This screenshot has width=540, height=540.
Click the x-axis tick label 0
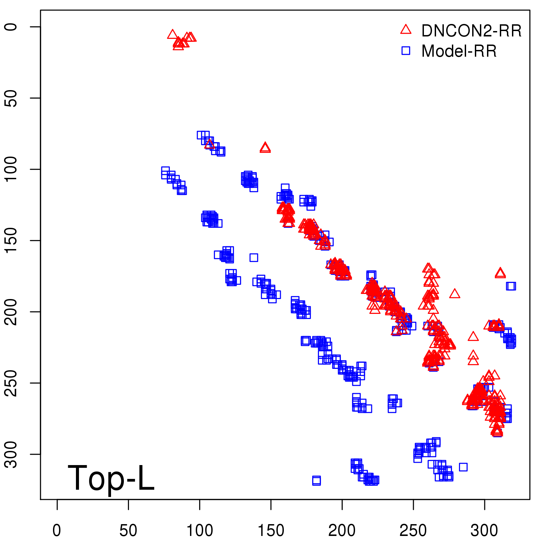click(57, 531)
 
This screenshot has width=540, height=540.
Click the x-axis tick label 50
click(128, 531)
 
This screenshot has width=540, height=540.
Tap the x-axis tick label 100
click(199, 531)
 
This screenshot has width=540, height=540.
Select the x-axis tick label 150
click(271, 531)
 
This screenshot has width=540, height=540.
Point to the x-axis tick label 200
click(342, 531)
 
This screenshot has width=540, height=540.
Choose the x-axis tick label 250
click(413, 531)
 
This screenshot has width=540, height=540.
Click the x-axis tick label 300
click(484, 531)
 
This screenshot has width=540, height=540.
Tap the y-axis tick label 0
click(11, 27)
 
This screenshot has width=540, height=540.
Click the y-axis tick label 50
click(11, 98)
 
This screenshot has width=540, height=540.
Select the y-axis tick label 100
click(11, 169)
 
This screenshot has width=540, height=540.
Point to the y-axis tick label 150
click(11, 241)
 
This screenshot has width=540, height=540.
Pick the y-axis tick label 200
click(11, 312)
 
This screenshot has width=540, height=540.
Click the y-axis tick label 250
click(11, 383)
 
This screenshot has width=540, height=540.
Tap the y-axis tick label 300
click(11, 454)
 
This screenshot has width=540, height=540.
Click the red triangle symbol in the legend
click(406, 30)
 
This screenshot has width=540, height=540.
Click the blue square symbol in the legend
click(406, 51)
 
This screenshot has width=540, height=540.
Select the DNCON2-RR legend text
click(471, 31)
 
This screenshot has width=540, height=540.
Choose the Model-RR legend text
click(459, 51)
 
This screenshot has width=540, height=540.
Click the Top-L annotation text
click(111, 478)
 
